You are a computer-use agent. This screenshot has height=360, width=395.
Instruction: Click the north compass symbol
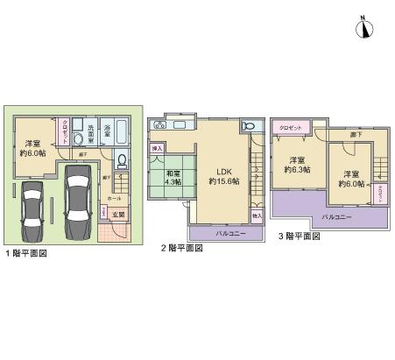pos(363,28)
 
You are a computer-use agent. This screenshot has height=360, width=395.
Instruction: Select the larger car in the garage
pos(77,201)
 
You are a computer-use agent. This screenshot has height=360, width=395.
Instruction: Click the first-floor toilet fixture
pos(122,161)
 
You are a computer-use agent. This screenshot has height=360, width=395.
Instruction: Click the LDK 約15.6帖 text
pos(223,175)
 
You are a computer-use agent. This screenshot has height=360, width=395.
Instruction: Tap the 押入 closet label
pos(158,150)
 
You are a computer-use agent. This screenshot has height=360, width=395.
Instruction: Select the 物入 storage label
pos(257,214)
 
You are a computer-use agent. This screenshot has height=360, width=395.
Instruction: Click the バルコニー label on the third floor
pos(338,215)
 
